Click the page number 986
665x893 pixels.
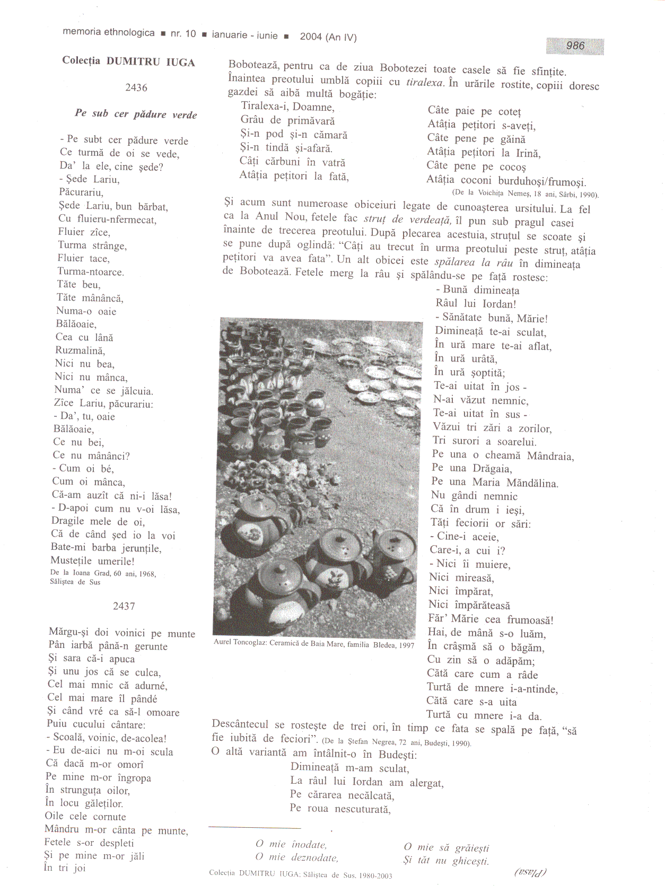(575, 46)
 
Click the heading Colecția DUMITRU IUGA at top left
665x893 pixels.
(128, 62)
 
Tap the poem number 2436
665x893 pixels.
(136, 87)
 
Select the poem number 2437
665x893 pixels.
(124, 606)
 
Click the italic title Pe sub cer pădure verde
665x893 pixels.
(136, 114)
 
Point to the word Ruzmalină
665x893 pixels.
(80, 351)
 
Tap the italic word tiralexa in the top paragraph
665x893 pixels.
(424, 83)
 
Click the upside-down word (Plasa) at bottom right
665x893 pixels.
(530, 872)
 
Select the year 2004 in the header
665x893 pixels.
(311, 37)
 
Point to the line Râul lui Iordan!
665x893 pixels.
(476, 304)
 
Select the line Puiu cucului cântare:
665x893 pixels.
(96, 724)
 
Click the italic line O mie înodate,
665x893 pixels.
(291, 844)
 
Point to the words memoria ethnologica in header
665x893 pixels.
(109, 32)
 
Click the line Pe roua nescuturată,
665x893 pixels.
(340, 809)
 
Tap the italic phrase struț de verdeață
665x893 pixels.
(407, 219)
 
